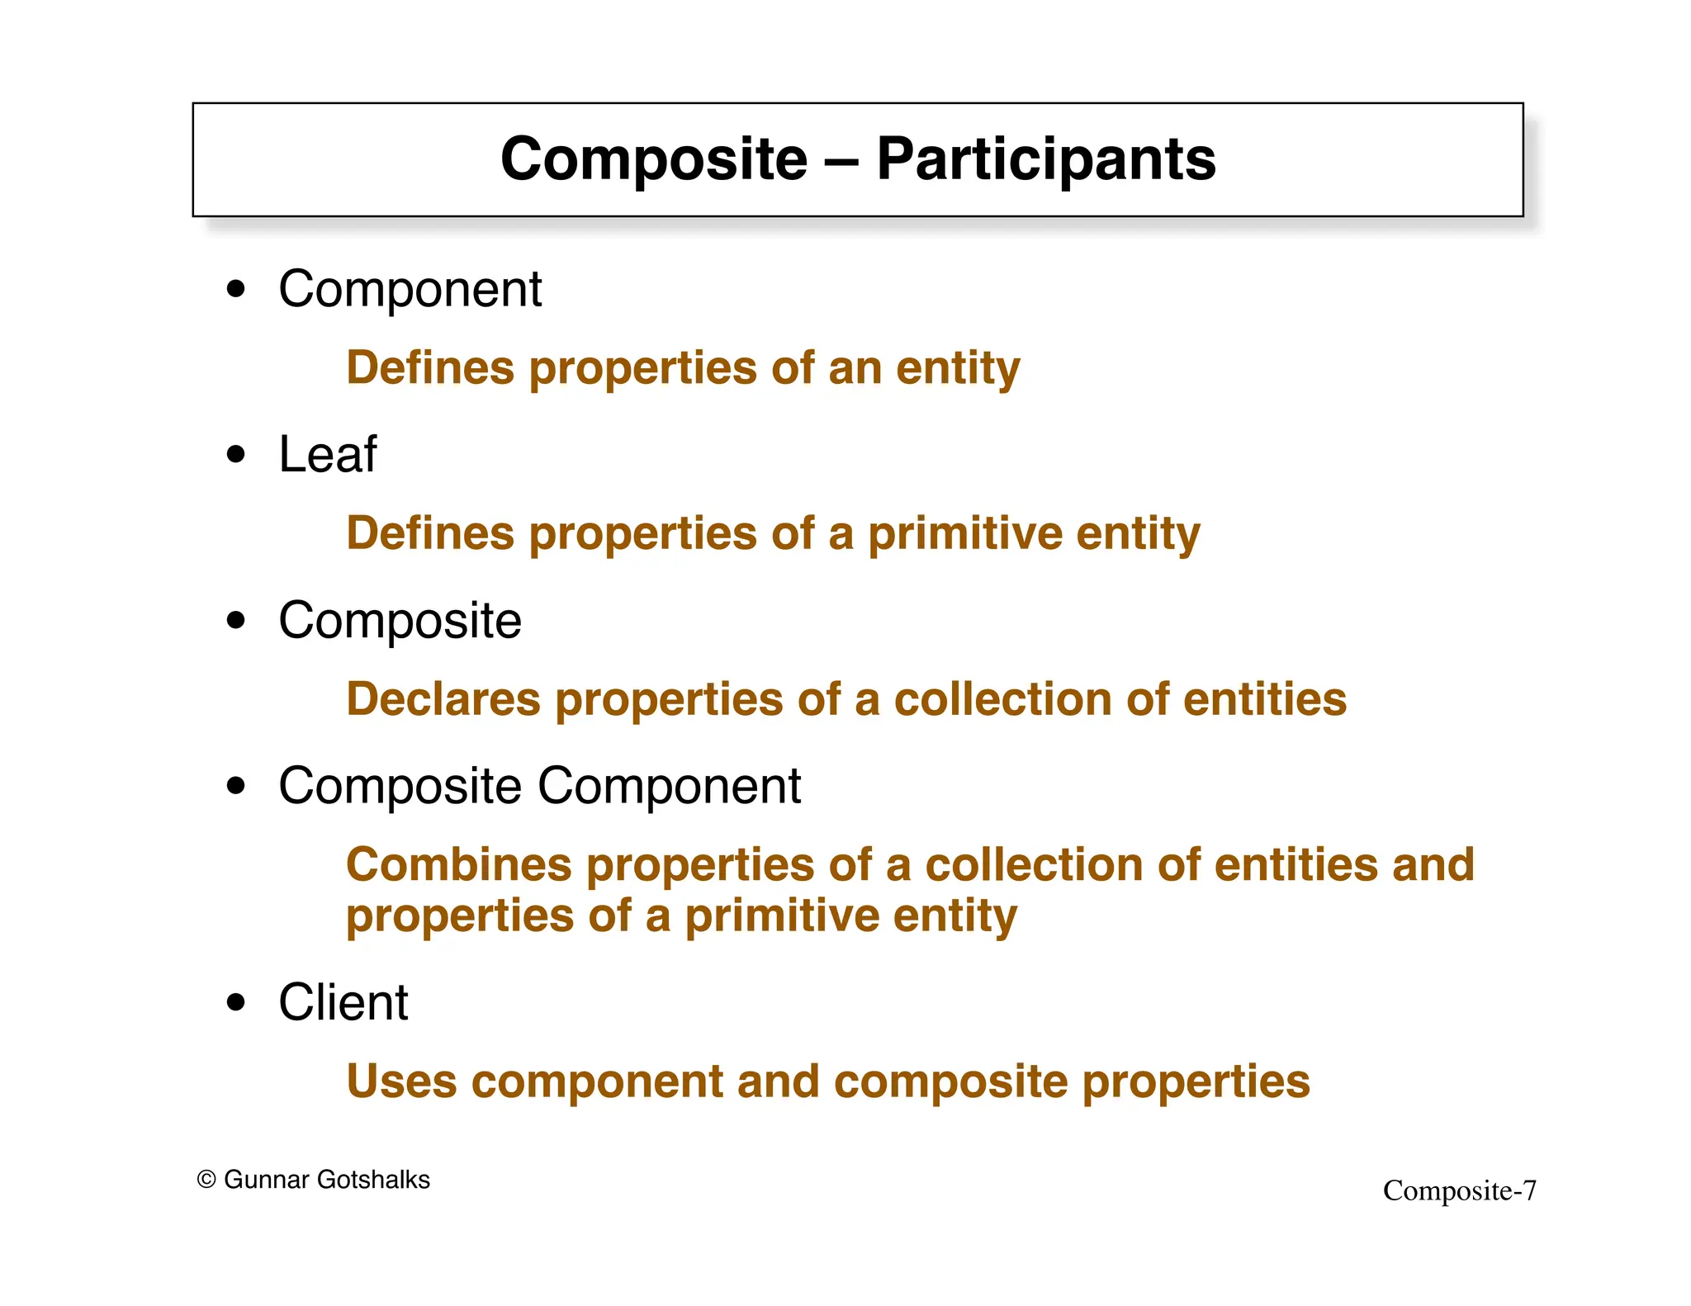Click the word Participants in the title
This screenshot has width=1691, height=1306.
1045,159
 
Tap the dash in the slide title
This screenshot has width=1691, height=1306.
841,160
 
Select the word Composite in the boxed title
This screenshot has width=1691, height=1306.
653,159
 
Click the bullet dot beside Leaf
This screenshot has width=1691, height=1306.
236,454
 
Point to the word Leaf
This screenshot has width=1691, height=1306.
327,454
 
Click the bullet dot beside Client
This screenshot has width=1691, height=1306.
236,1002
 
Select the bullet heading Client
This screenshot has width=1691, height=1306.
343,1002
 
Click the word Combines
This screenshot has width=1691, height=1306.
458,865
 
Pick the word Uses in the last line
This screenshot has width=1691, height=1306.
400,1081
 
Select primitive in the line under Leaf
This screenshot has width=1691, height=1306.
964,534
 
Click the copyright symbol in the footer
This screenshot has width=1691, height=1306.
206,1180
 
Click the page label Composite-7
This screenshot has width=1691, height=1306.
1459,1190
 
